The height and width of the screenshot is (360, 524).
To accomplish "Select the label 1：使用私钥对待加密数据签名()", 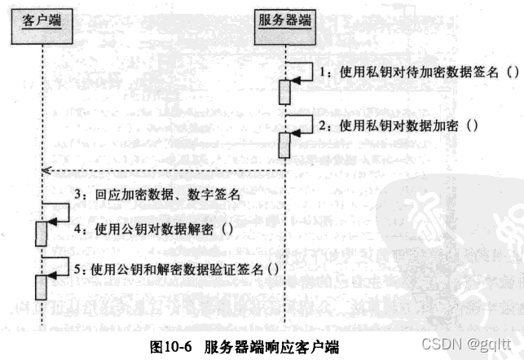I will (x=418, y=72).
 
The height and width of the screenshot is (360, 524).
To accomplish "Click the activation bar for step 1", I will (x=286, y=91).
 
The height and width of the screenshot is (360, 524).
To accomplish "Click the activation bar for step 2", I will (x=286, y=145).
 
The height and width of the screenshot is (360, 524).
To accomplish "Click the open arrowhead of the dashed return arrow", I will (x=46, y=171).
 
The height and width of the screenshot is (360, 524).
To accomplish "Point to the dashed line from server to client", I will (x=163, y=171).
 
